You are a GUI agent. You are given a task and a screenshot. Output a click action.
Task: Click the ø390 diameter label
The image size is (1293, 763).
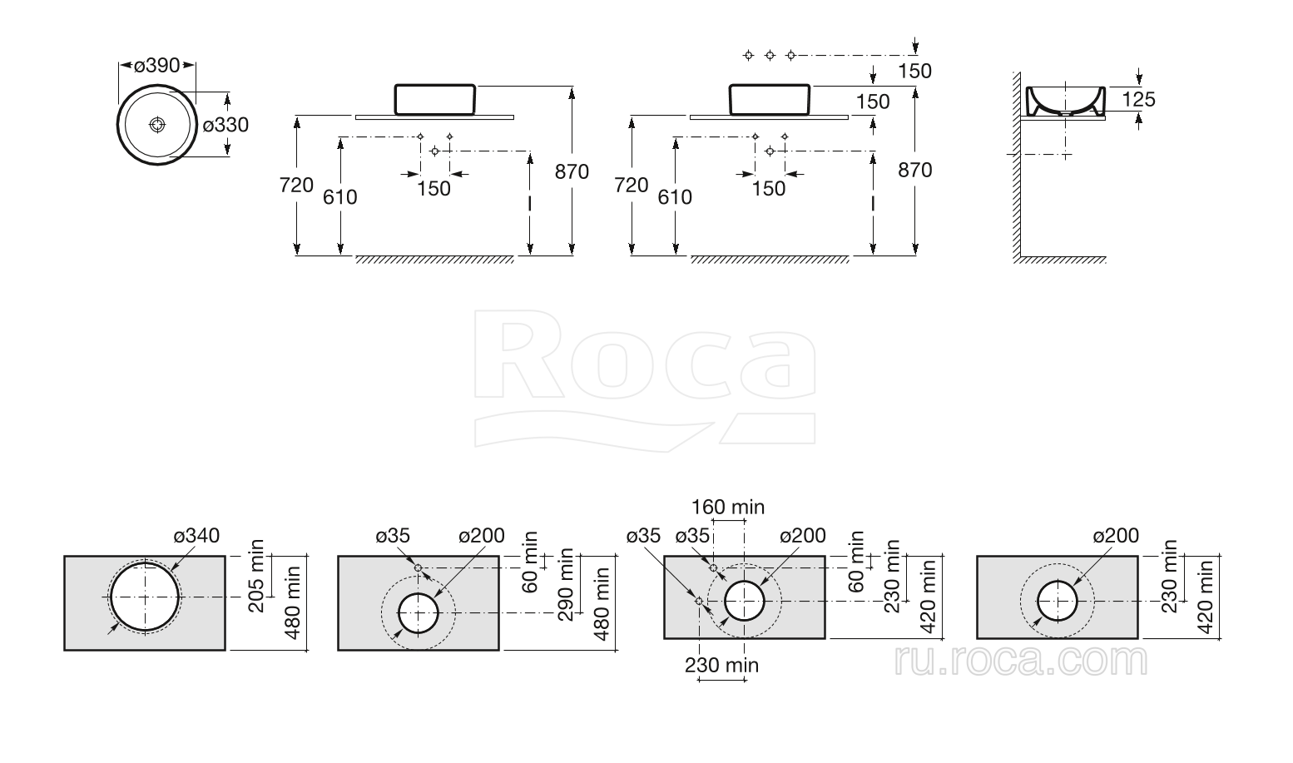coord(157,65)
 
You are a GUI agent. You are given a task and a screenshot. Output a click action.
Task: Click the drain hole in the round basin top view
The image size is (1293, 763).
coord(157,125)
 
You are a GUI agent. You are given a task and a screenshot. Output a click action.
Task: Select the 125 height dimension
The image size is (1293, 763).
coord(1138,99)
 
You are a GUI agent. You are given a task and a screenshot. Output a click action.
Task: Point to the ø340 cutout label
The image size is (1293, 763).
coord(196,536)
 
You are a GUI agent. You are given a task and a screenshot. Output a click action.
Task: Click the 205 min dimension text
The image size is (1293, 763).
coord(255,576)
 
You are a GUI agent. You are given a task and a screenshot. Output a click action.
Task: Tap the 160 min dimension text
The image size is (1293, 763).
coord(728,507)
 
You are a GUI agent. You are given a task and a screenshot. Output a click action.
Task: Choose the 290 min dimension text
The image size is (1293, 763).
coord(566,584)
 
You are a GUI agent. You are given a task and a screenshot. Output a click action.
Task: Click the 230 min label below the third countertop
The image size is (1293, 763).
coord(721,665)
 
